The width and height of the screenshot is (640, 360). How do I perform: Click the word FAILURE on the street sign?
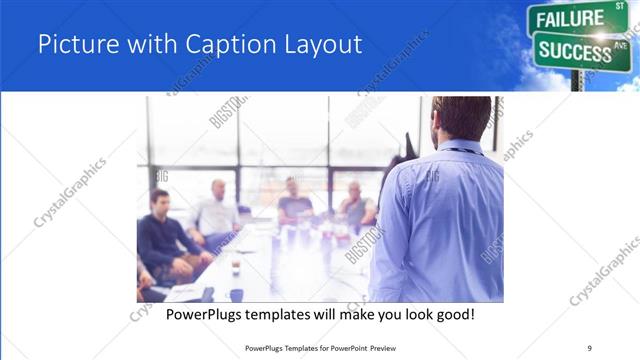[567, 19]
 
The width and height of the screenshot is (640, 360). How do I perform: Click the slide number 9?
[589, 347]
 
